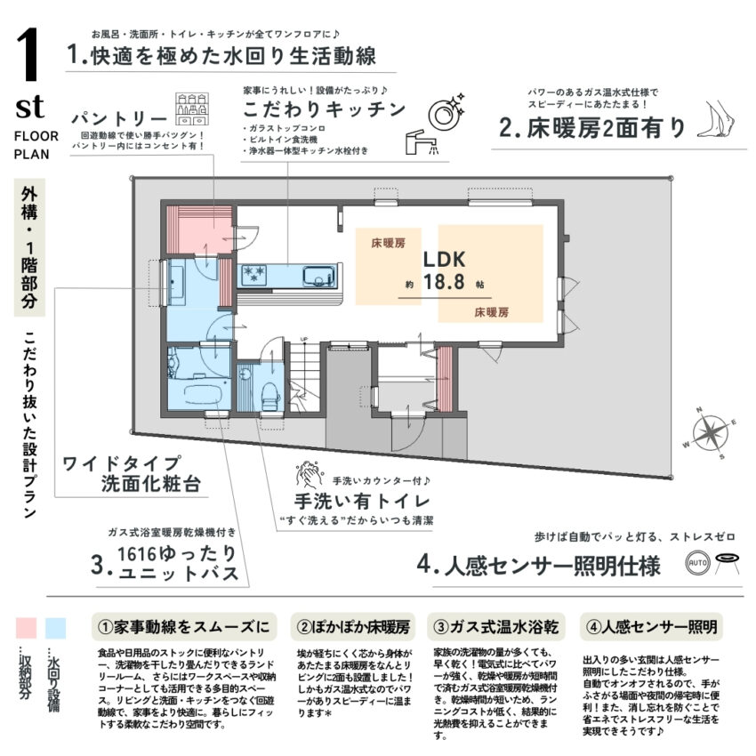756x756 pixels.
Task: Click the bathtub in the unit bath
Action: click(201, 392)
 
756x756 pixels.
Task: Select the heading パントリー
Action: click(120, 119)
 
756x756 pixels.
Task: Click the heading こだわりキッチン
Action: click(324, 109)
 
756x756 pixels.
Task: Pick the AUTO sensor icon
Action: click(697, 564)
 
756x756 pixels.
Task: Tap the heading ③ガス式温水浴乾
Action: click(495, 626)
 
